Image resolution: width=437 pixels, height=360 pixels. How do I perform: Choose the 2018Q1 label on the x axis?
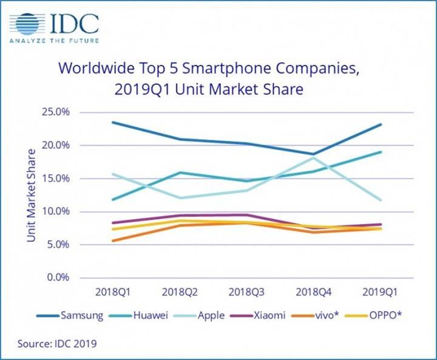click(x=112, y=291)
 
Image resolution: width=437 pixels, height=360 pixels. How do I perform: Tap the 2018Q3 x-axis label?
click(x=246, y=291)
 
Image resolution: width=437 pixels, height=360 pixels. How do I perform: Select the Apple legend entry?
click(x=209, y=316)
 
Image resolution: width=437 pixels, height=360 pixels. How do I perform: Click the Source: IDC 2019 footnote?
click(x=56, y=344)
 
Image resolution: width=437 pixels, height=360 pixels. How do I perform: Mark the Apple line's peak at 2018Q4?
click(x=313, y=158)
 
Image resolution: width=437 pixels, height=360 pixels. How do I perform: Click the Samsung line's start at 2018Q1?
click(x=112, y=122)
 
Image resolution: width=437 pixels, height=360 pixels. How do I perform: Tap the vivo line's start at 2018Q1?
click(x=112, y=240)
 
